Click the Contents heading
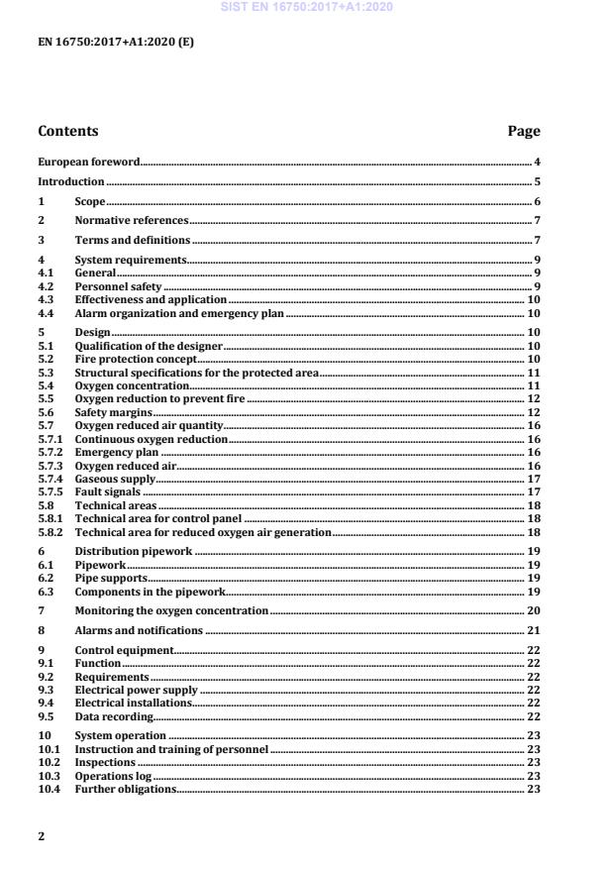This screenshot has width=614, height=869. [x=67, y=131]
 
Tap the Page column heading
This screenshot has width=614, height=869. [x=523, y=131]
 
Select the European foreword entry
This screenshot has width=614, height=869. [x=89, y=161]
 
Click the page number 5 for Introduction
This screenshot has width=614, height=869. [x=536, y=182]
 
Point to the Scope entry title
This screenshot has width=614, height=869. [x=90, y=202]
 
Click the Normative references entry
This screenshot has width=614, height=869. [x=132, y=221]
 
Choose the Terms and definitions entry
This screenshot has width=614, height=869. [x=133, y=241]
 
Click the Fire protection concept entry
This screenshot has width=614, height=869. [x=137, y=359]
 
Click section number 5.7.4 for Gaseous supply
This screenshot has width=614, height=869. [x=50, y=479]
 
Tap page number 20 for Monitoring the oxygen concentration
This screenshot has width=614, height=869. [x=533, y=610]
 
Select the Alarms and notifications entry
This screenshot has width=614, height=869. [x=139, y=630]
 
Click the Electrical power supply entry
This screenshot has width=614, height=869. [x=137, y=690]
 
